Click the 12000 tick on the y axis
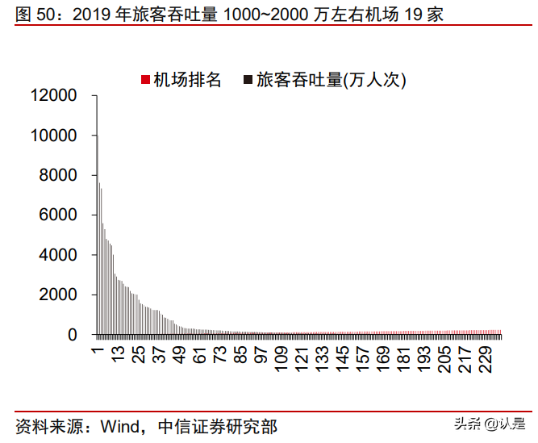coord(54,96)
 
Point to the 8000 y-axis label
coord(60,175)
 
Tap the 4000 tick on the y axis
coord(60,255)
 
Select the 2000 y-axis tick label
coord(60,295)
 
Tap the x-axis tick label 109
coord(281,359)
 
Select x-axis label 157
coord(363,359)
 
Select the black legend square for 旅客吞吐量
coord(248,80)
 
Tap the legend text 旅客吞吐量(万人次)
coord(331,80)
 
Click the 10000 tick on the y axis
coord(54,136)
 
